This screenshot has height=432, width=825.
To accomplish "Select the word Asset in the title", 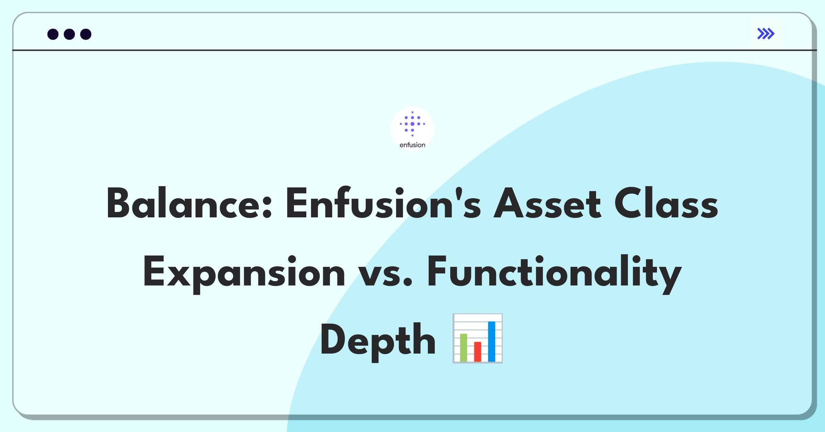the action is pyautogui.click(x=547, y=203).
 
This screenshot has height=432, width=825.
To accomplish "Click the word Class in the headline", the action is pyautogui.click(x=666, y=203).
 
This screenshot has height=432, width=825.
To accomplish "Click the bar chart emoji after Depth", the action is pyautogui.click(x=477, y=338).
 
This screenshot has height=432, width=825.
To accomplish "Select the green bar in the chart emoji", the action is pyautogui.click(x=463, y=347).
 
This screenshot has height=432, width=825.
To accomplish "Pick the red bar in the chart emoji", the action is pyautogui.click(x=477, y=352).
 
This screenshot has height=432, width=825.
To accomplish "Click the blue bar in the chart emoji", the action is pyautogui.click(x=492, y=342).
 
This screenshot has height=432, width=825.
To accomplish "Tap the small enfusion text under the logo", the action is pyautogui.click(x=412, y=145).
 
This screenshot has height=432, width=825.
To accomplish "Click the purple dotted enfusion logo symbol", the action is pyautogui.click(x=412, y=124).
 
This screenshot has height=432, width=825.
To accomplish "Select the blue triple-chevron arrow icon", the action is pyautogui.click(x=766, y=34).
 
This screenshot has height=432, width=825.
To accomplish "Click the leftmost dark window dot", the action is pyautogui.click(x=53, y=34).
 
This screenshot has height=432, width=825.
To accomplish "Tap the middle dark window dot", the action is pyautogui.click(x=69, y=34).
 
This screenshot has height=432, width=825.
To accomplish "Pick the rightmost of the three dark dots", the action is pyautogui.click(x=86, y=34).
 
